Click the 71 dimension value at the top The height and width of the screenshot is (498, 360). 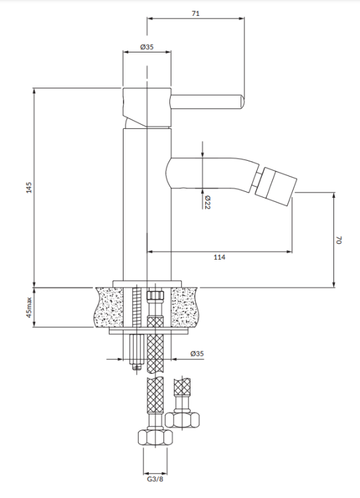(x=195, y=12)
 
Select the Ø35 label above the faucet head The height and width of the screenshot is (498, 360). (x=147, y=46)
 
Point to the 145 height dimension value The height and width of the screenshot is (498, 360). (x=28, y=188)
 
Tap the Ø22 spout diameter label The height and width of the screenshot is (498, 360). (x=207, y=201)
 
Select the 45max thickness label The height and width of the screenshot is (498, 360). (x=29, y=307)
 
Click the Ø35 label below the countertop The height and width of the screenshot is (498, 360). (x=197, y=354)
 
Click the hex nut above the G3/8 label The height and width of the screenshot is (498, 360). (x=153, y=438)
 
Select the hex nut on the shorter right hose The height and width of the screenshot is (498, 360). (x=182, y=420)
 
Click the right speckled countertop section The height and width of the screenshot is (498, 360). (x=185, y=307)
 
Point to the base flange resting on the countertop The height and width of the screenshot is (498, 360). (x=147, y=282)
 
